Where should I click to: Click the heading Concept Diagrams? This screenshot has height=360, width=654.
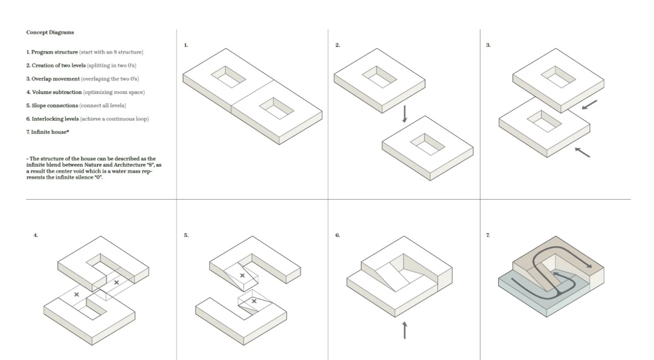pos(50,32)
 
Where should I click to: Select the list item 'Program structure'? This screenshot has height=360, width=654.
pos(54,52)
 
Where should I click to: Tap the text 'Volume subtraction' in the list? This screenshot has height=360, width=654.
pos(57,92)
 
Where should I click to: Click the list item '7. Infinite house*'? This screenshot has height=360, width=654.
pos(47,132)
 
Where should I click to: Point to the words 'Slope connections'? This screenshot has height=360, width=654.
pos(55,105)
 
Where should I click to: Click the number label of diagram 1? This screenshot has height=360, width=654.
pos(186,45)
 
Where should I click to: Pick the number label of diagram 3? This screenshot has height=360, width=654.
pos(488,45)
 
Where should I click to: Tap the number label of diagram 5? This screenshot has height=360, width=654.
pos(186,235)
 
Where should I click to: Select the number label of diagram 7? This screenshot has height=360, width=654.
pos(488,235)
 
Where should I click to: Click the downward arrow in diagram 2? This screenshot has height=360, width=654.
pos(404,114)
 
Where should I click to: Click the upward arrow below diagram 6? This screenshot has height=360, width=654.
pos(404,330)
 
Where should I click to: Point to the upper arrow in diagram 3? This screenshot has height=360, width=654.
pos(589,105)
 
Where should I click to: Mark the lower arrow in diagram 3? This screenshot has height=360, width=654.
pos(582,152)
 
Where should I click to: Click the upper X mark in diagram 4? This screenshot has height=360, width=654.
pos(116,282)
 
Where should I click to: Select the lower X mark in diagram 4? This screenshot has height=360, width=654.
pos(76,294)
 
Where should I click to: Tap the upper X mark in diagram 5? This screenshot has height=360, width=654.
pos(242,275)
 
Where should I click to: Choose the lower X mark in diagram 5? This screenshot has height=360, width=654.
pos(254,301)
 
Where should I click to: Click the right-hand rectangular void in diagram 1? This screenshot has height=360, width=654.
pos(276,108)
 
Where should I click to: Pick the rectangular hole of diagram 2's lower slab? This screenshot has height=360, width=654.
pos(427,144)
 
